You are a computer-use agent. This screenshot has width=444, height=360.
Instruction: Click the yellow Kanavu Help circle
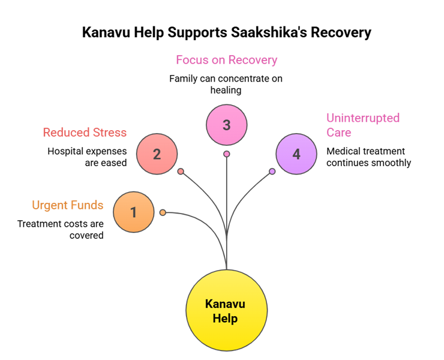pyautogui.click(x=225, y=310)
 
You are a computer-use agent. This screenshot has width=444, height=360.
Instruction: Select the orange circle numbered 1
pyautogui.click(x=134, y=212)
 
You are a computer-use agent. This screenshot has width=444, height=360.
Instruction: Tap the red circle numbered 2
pyautogui.click(x=157, y=154)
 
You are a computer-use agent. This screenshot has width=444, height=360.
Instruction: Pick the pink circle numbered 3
pyautogui.click(x=226, y=125)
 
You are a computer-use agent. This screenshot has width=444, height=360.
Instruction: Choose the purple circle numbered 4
pyautogui.click(x=296, y=154)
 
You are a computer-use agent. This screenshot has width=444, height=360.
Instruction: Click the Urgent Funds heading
pyautogui.click(x=68, y=206)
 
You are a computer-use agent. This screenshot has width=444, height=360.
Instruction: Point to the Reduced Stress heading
pyautogui.click(x=85, y=132)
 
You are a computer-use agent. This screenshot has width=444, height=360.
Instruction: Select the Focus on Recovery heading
pyautogui.click(x=226, y=60)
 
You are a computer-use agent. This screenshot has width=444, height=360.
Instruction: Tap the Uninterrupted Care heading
pyautogui.click(x=362, y=125)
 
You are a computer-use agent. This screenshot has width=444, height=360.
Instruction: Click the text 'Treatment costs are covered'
pyautogui.click(x=61, y=229)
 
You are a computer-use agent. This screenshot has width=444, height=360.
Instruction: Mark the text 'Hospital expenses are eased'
pyautogui.click(x=87, y=157)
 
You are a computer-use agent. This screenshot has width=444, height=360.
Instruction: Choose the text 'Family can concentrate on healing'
pyautogui.click(x=226, y=84)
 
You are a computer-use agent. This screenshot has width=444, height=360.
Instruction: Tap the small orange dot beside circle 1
pyautogui.click(x=163, y=212)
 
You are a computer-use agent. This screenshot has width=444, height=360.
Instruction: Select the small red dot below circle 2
pyautogui.click(x=181, y=172)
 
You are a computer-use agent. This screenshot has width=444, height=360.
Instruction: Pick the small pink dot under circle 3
pyautogui.click(x=226, y=154)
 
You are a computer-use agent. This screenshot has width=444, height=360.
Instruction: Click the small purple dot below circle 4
pyautogui.click(x=272, y=172)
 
